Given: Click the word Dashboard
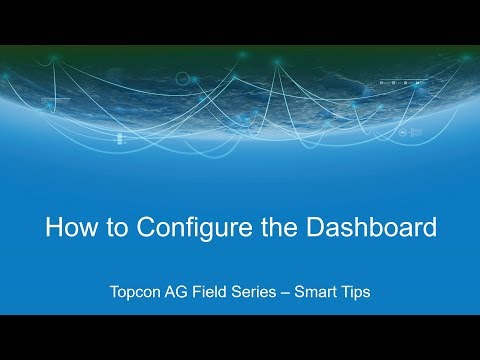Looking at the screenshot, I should click(x=372, y=227).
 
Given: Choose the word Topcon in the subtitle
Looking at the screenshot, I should click(x=138, y=293).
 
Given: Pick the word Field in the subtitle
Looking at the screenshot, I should click(x=217, y=293).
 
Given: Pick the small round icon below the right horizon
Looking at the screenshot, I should click(x=401, y=132).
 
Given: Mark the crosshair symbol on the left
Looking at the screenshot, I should click(x=57, y=99).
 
